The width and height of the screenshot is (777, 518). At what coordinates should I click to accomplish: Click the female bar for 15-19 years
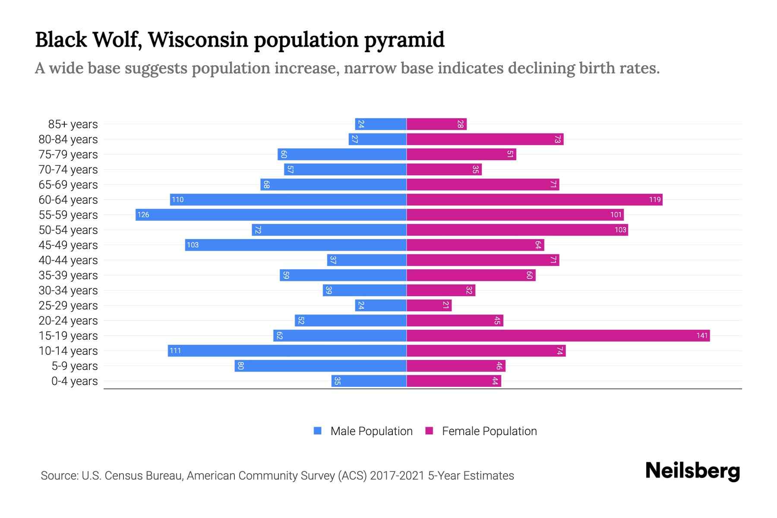[x=558, y=336]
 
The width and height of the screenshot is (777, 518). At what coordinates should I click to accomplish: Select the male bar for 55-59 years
[x=271, y=215]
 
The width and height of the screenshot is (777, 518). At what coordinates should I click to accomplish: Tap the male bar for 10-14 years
[x=287, y=351]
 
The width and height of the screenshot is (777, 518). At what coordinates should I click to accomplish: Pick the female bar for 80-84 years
[x=485, y=139]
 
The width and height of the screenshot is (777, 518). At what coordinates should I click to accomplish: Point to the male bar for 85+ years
[x=381, y=124]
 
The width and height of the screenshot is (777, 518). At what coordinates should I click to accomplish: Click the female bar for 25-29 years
[x=429, y=306]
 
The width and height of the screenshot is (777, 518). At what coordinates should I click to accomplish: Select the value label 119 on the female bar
[x=654, y=200]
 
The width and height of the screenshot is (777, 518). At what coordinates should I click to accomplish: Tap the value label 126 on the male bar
[x=143, y=215]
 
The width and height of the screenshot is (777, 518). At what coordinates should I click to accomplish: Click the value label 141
[x=702, y=336]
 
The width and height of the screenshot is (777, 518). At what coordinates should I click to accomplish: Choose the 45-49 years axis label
[x=68, y=245]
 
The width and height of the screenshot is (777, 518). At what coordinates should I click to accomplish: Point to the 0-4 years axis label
[x=74, y=381]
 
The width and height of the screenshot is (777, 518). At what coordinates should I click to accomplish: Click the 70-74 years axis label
[x=68, y=170]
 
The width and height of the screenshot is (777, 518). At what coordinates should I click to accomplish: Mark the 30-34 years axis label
[x=68, y=291]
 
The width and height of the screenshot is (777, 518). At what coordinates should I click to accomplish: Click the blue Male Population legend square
[x=318, y=431]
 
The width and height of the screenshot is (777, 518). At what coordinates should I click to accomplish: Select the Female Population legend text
[x=489, y=431]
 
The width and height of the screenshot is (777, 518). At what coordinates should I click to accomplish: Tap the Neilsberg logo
[x=692, y=471]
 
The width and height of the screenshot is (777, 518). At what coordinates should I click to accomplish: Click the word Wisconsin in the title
[x=198, y=40]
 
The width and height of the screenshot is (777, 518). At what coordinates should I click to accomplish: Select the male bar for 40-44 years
[x=366, y=260]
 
